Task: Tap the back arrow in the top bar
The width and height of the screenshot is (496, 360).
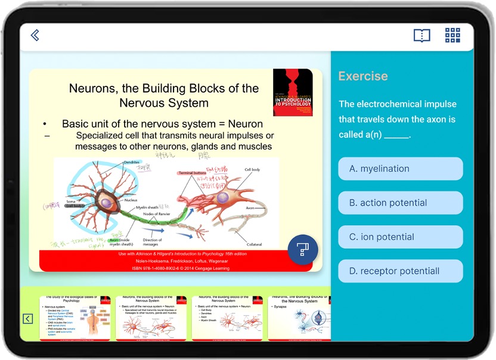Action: [x=35, y=36]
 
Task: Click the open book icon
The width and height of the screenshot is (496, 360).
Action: [x=421, y=36]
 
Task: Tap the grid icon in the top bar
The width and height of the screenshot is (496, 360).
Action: [x=452, y=35]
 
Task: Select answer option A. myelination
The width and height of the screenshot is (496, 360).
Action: [x=400, y=169]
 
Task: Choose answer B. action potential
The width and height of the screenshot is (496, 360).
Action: [x=400, y=203]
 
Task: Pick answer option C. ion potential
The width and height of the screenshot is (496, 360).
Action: [x=400, y=237]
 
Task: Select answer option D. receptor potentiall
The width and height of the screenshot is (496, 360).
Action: [x=400, y=271]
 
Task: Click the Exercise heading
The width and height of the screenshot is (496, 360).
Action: [x=363, y=76]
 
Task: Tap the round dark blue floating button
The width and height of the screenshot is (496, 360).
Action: [x=303, y=249]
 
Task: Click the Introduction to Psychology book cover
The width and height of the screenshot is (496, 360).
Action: [x=293, y=92]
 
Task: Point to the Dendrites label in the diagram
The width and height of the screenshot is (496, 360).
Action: [x=132, y=162]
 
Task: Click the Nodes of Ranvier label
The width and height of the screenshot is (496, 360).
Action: [x=158, y=214]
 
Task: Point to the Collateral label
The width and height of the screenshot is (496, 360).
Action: [x=255, y=244]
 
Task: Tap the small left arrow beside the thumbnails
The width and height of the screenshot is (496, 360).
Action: [x=27, y=319]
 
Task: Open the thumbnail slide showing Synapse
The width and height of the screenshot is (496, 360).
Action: [x=298, y=318]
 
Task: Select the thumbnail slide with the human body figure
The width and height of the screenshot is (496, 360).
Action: [x=75, y=318]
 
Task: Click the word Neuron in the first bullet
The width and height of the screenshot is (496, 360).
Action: [x=245, y=124]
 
